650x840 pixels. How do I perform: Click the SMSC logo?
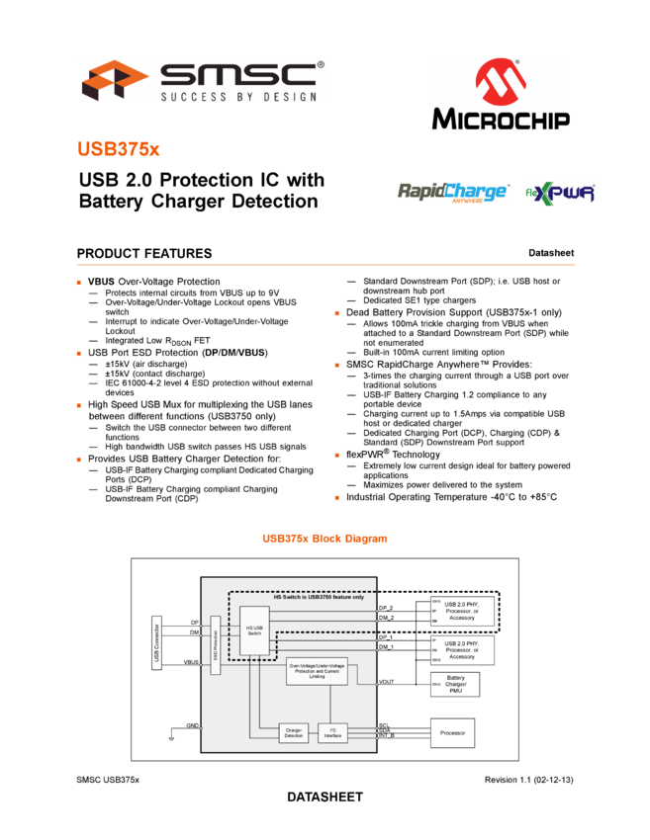tap(203, 80)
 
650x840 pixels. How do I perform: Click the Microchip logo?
tap(500, 94)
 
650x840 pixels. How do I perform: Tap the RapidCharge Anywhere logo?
tap(452, 193)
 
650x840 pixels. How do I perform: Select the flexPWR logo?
tap(561, 194)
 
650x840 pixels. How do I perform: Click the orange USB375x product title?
tap(119, 149)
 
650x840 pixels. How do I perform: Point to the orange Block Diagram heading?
tap(325, 539)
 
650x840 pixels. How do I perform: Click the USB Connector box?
tap(156, 643)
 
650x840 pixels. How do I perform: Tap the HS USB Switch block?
tap(254, 630)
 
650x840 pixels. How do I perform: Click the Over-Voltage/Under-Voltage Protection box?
tap(317, 671)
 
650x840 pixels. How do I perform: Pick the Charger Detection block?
tap(294, 733)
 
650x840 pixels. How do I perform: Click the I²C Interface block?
tap(332, 733)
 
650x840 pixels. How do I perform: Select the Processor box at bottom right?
tap(452, 733)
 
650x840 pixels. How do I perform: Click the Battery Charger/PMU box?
tap(455, 684)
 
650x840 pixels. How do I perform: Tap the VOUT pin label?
tap(386, 682)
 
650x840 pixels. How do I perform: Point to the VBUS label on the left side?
tap(192, 662)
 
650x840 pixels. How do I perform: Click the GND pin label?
tap(192, 725)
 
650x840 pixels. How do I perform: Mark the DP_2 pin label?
tap(386, 608)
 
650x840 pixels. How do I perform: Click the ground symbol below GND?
tap(171, 737)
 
